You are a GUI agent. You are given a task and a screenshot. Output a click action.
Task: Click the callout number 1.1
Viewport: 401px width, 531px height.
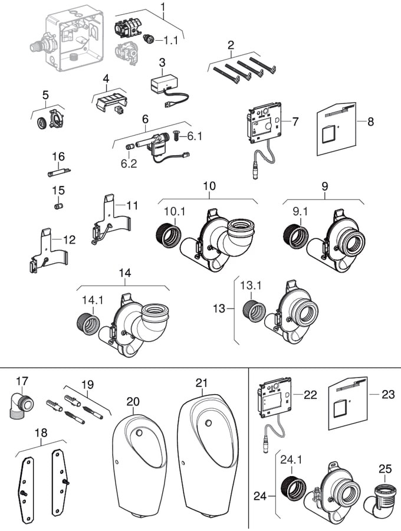tap(174, 41)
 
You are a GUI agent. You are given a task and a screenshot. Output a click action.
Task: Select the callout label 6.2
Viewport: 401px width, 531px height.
tap(129, 163)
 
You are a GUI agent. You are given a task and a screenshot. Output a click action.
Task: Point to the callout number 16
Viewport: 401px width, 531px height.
tap(58, 156)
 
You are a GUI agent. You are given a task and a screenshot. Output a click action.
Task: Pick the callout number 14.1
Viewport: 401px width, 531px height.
tap(93, 300)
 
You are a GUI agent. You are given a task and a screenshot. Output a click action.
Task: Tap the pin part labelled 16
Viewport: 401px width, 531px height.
tap(59, 172)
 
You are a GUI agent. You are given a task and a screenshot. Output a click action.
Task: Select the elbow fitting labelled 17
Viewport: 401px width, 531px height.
tap(19, 407)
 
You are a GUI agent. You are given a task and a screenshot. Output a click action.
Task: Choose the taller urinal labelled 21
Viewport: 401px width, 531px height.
tap(203, 454)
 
